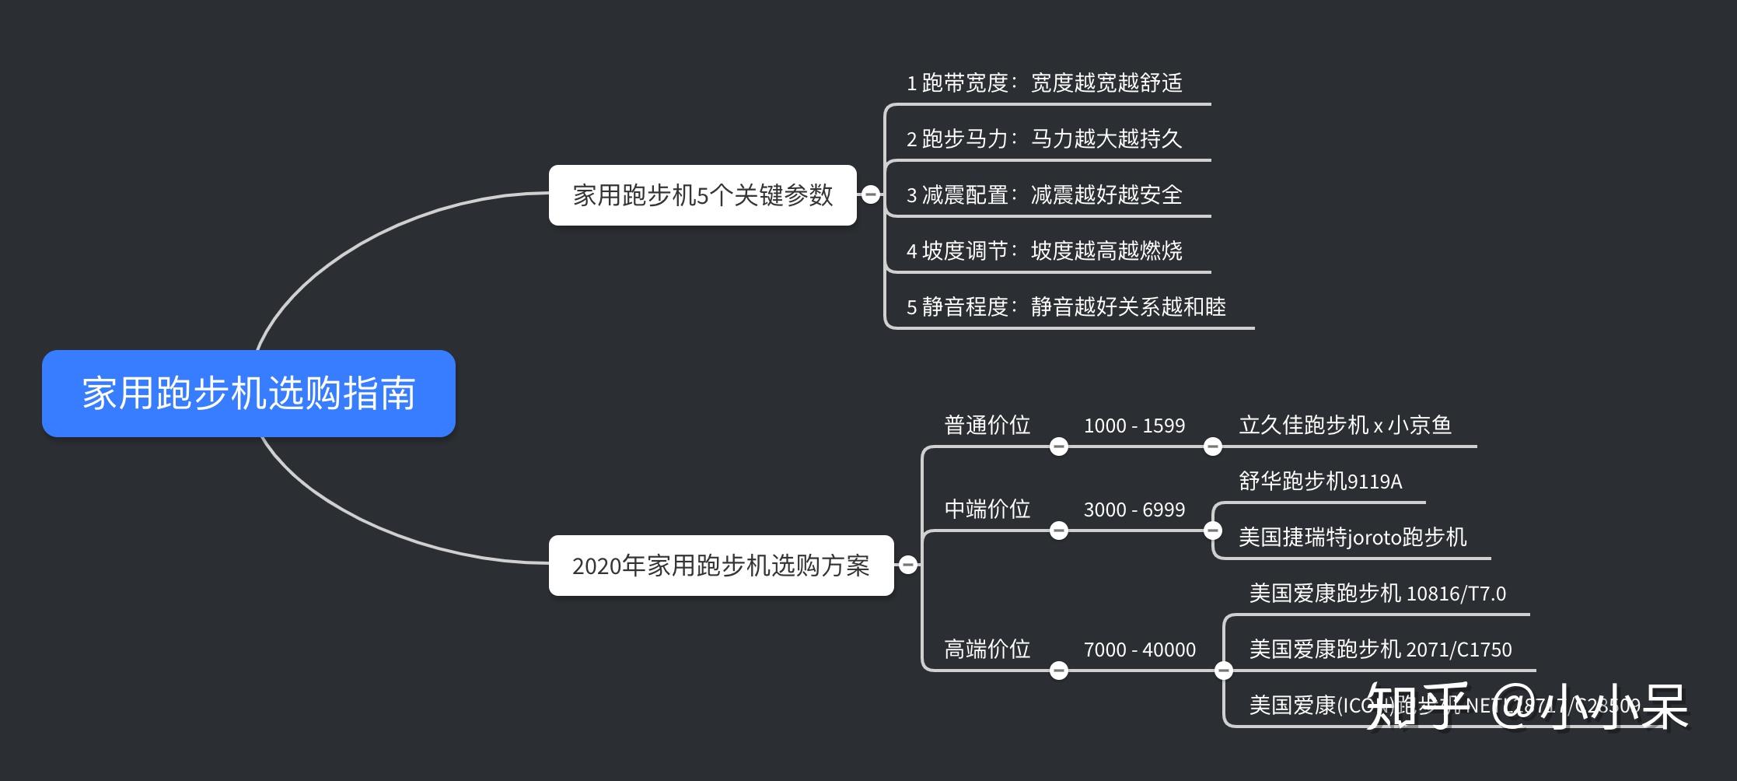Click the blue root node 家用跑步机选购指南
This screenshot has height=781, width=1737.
click(248, 393)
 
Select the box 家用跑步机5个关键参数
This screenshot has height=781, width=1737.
click(702, 194)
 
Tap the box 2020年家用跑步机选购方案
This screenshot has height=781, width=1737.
click(721, 566)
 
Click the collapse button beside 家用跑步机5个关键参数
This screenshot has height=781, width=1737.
click(871, 194)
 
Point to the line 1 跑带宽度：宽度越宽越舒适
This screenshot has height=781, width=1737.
click(1044, 82)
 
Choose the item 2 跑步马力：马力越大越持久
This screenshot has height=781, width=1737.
click(1044, 138)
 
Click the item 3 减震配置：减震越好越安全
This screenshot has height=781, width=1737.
click(1044, 194)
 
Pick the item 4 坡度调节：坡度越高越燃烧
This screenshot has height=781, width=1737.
click(1044, 250)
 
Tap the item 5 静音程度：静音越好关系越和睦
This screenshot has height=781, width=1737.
click(1066, 306)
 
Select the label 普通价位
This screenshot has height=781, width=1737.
click(987, 425)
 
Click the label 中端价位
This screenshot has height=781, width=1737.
click(987, 509)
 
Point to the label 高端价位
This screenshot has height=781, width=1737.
click(987, 649)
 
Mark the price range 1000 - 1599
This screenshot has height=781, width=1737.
click(1134, 426)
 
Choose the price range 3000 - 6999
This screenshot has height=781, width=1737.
click(1134, 510)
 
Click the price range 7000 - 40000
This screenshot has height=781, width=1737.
click(1140, 650)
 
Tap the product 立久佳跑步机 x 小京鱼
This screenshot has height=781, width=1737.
click(1345, 425)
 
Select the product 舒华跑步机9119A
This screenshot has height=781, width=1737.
click(1320, 481)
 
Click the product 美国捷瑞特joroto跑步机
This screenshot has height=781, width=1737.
click(1352, 537)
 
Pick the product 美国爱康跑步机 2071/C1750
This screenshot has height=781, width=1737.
click(1380, 649)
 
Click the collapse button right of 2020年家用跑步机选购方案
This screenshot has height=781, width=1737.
click(908, 565)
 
